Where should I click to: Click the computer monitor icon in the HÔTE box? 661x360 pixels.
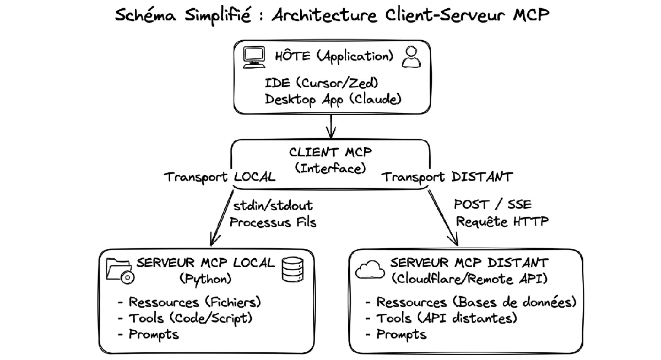[254, 57]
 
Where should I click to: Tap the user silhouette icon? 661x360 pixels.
[411, 57]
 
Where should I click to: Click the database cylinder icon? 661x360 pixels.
[292, 270]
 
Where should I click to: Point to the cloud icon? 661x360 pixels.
[370, 270]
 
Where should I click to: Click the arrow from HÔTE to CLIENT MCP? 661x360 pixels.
[331, 126]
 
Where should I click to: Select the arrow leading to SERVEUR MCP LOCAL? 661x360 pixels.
[221, 218]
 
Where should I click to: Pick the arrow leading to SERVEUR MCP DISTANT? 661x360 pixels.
[443, 217]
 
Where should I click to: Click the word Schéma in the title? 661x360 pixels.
[145, 15]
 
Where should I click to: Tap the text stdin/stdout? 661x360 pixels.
[273, 205]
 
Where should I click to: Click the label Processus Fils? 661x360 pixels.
[273, 222]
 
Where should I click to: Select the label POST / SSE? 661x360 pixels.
[493, 204]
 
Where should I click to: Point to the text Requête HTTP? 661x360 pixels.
[502, 221]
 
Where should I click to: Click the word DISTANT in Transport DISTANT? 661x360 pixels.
[482, 177]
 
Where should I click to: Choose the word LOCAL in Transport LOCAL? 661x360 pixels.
[254, 177]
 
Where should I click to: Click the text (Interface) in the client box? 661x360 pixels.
[330, 168]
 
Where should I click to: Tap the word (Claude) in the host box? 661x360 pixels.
[375, 99]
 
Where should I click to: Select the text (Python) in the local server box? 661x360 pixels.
[205, 279]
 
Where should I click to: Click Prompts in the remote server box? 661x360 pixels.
[402, 335]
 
